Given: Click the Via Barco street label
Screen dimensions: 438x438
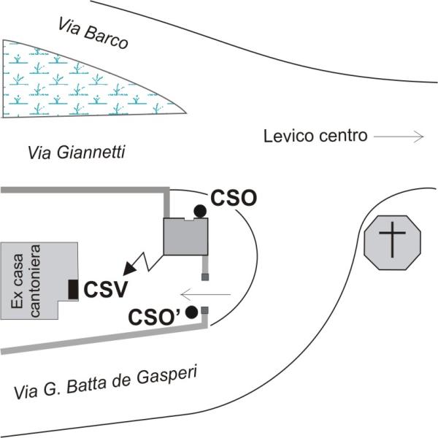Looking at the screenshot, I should (x=92, y=33).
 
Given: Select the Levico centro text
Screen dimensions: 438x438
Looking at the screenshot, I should (x=315, y=136).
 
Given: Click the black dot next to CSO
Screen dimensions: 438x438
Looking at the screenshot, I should (x=199, y=211).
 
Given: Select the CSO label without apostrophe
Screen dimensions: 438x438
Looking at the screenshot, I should (x=234, y=198).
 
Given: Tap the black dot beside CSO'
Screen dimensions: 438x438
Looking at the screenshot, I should (x=192, y=312).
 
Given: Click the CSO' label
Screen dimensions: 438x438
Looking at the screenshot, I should (x=155, y=317).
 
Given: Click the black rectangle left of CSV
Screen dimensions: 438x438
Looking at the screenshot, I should (x=73, y=289).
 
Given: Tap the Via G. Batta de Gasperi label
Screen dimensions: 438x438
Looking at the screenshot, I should (x=107, y=383).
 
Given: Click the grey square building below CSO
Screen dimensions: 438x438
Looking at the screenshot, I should (x=185, y=237).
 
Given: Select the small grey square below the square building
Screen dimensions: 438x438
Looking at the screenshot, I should (x=205, y=277).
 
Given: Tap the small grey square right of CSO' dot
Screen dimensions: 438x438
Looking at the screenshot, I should (x=205, y=311).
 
